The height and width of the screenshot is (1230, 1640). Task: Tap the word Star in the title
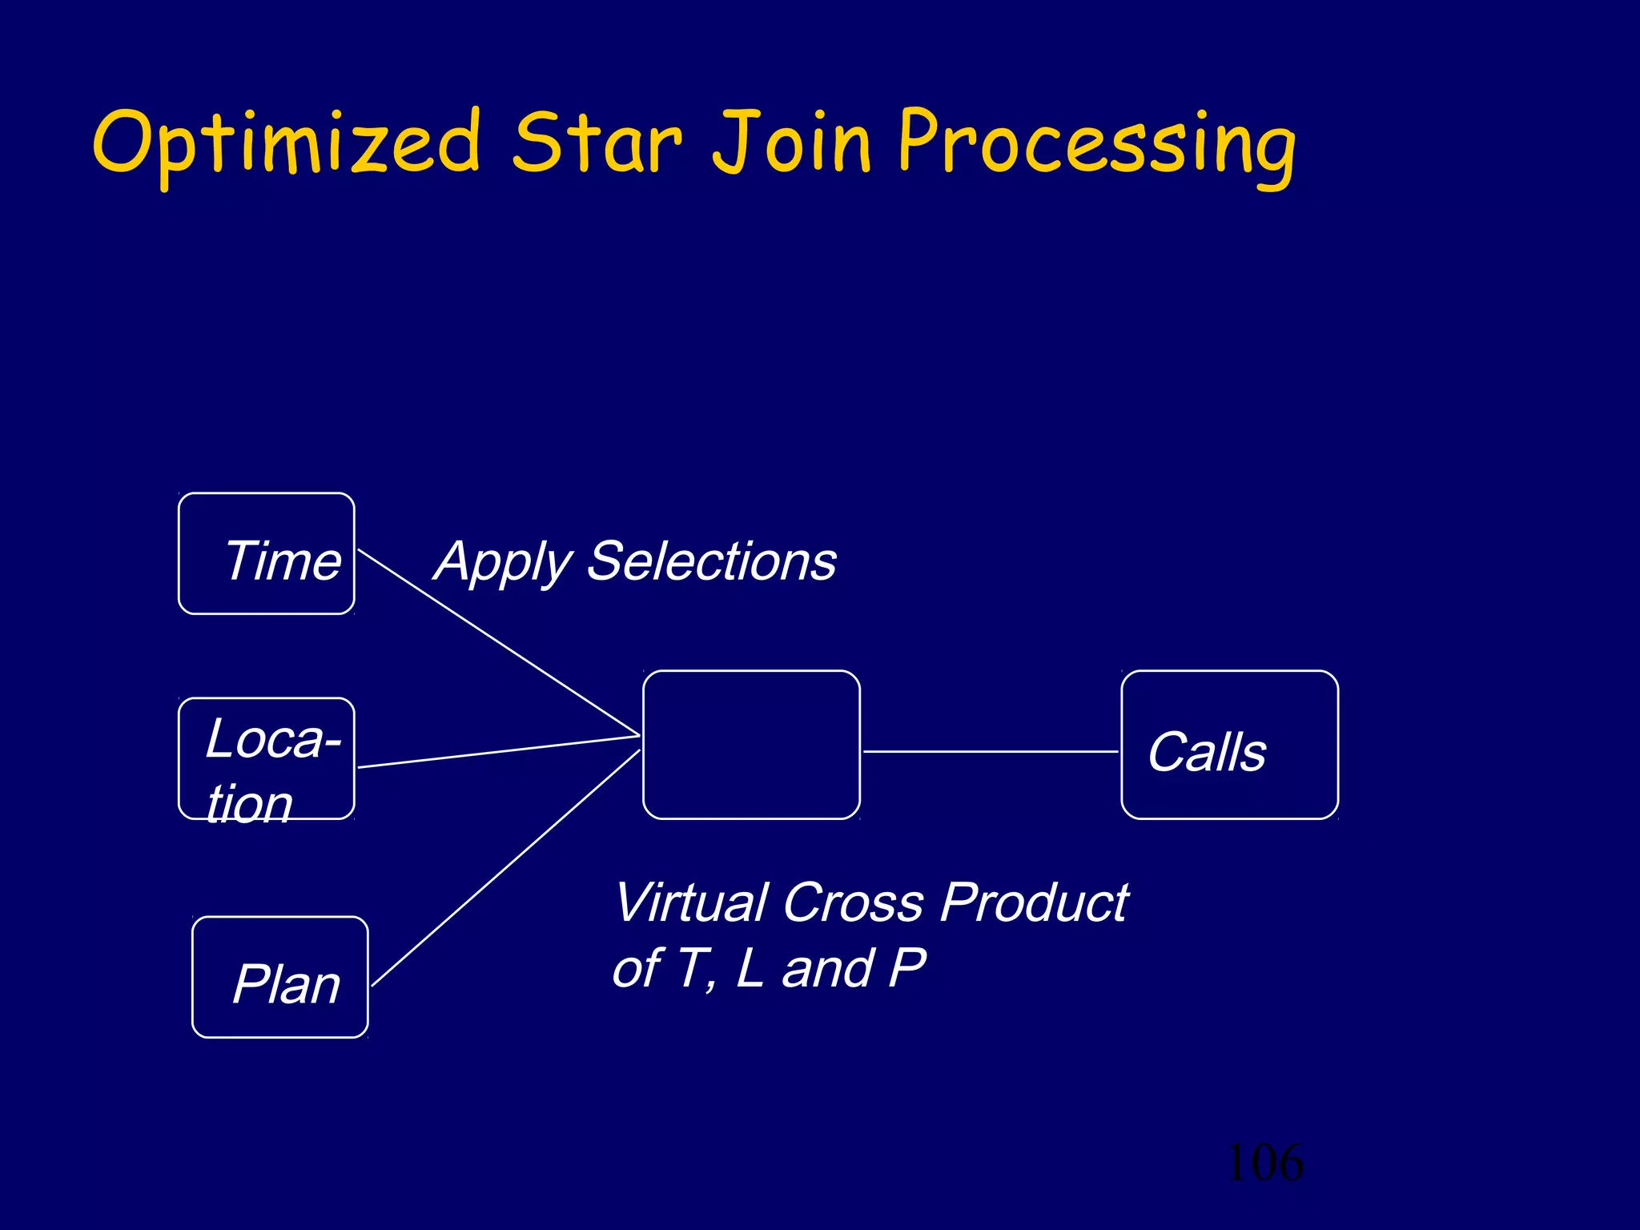click(x=597, y=143)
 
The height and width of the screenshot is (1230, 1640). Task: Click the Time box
click(x=267, y=554)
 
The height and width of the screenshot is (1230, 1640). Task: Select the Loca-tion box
click(x=267, y=758)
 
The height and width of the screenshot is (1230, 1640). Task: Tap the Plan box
click(x=280, y=977)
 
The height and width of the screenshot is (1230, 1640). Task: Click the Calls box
click(x=1229, y=745)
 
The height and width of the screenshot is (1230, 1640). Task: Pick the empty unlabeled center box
click(x=751, y=745)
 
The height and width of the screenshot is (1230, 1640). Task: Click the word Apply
click(x=503, y=562)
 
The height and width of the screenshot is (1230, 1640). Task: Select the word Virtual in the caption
click(x=690, y=902)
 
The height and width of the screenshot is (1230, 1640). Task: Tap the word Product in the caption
click(x=1033, y=902)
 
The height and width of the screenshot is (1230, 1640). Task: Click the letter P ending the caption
click(x=907, y=968)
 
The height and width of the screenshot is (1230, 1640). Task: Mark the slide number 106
click(x=1264, y=1163)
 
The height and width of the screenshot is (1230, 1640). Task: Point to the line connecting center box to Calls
click(x=990, y=751)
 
